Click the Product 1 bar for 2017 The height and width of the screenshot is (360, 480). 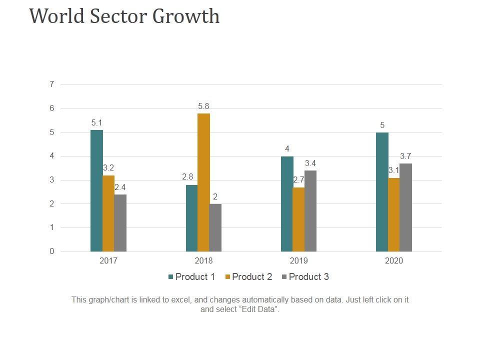pyautogui.click(x=96, y=190)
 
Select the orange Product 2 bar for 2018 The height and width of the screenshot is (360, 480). pyautogui.click(x=203, y=182)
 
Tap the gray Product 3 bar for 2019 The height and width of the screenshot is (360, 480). pyautogui.click(x=310, y=210)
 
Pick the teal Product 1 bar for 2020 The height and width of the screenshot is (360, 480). pyautogui.click(x=382, y=191)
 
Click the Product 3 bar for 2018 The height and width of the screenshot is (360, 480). pyautogui.click(x=215, y=227)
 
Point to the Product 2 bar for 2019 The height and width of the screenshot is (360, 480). pyautogui.click(x=298, y=219)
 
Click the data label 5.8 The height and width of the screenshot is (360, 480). pyautogui.click(x=203, y=106)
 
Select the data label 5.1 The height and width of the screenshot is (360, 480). pyautogui.click(x=96, y=122)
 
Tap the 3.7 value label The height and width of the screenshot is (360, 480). pyautogui.click(x=405, y=156)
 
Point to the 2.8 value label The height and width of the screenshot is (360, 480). pyautogui.click(x=187, y=176)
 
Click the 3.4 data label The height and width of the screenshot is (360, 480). pyautogui.click(x=310, y=163)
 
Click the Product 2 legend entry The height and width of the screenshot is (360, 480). pyautogui.click(x=248, y=277)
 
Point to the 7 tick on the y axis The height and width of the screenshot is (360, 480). pyautogui.click(x=51, y=84)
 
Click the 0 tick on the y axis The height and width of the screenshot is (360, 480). pyautogui.click(x=51, y=251)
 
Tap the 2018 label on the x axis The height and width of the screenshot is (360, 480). pyautogui.click(x=203, y=261)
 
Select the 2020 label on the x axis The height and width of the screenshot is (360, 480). pyautogui.click(x=394, y=261)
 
